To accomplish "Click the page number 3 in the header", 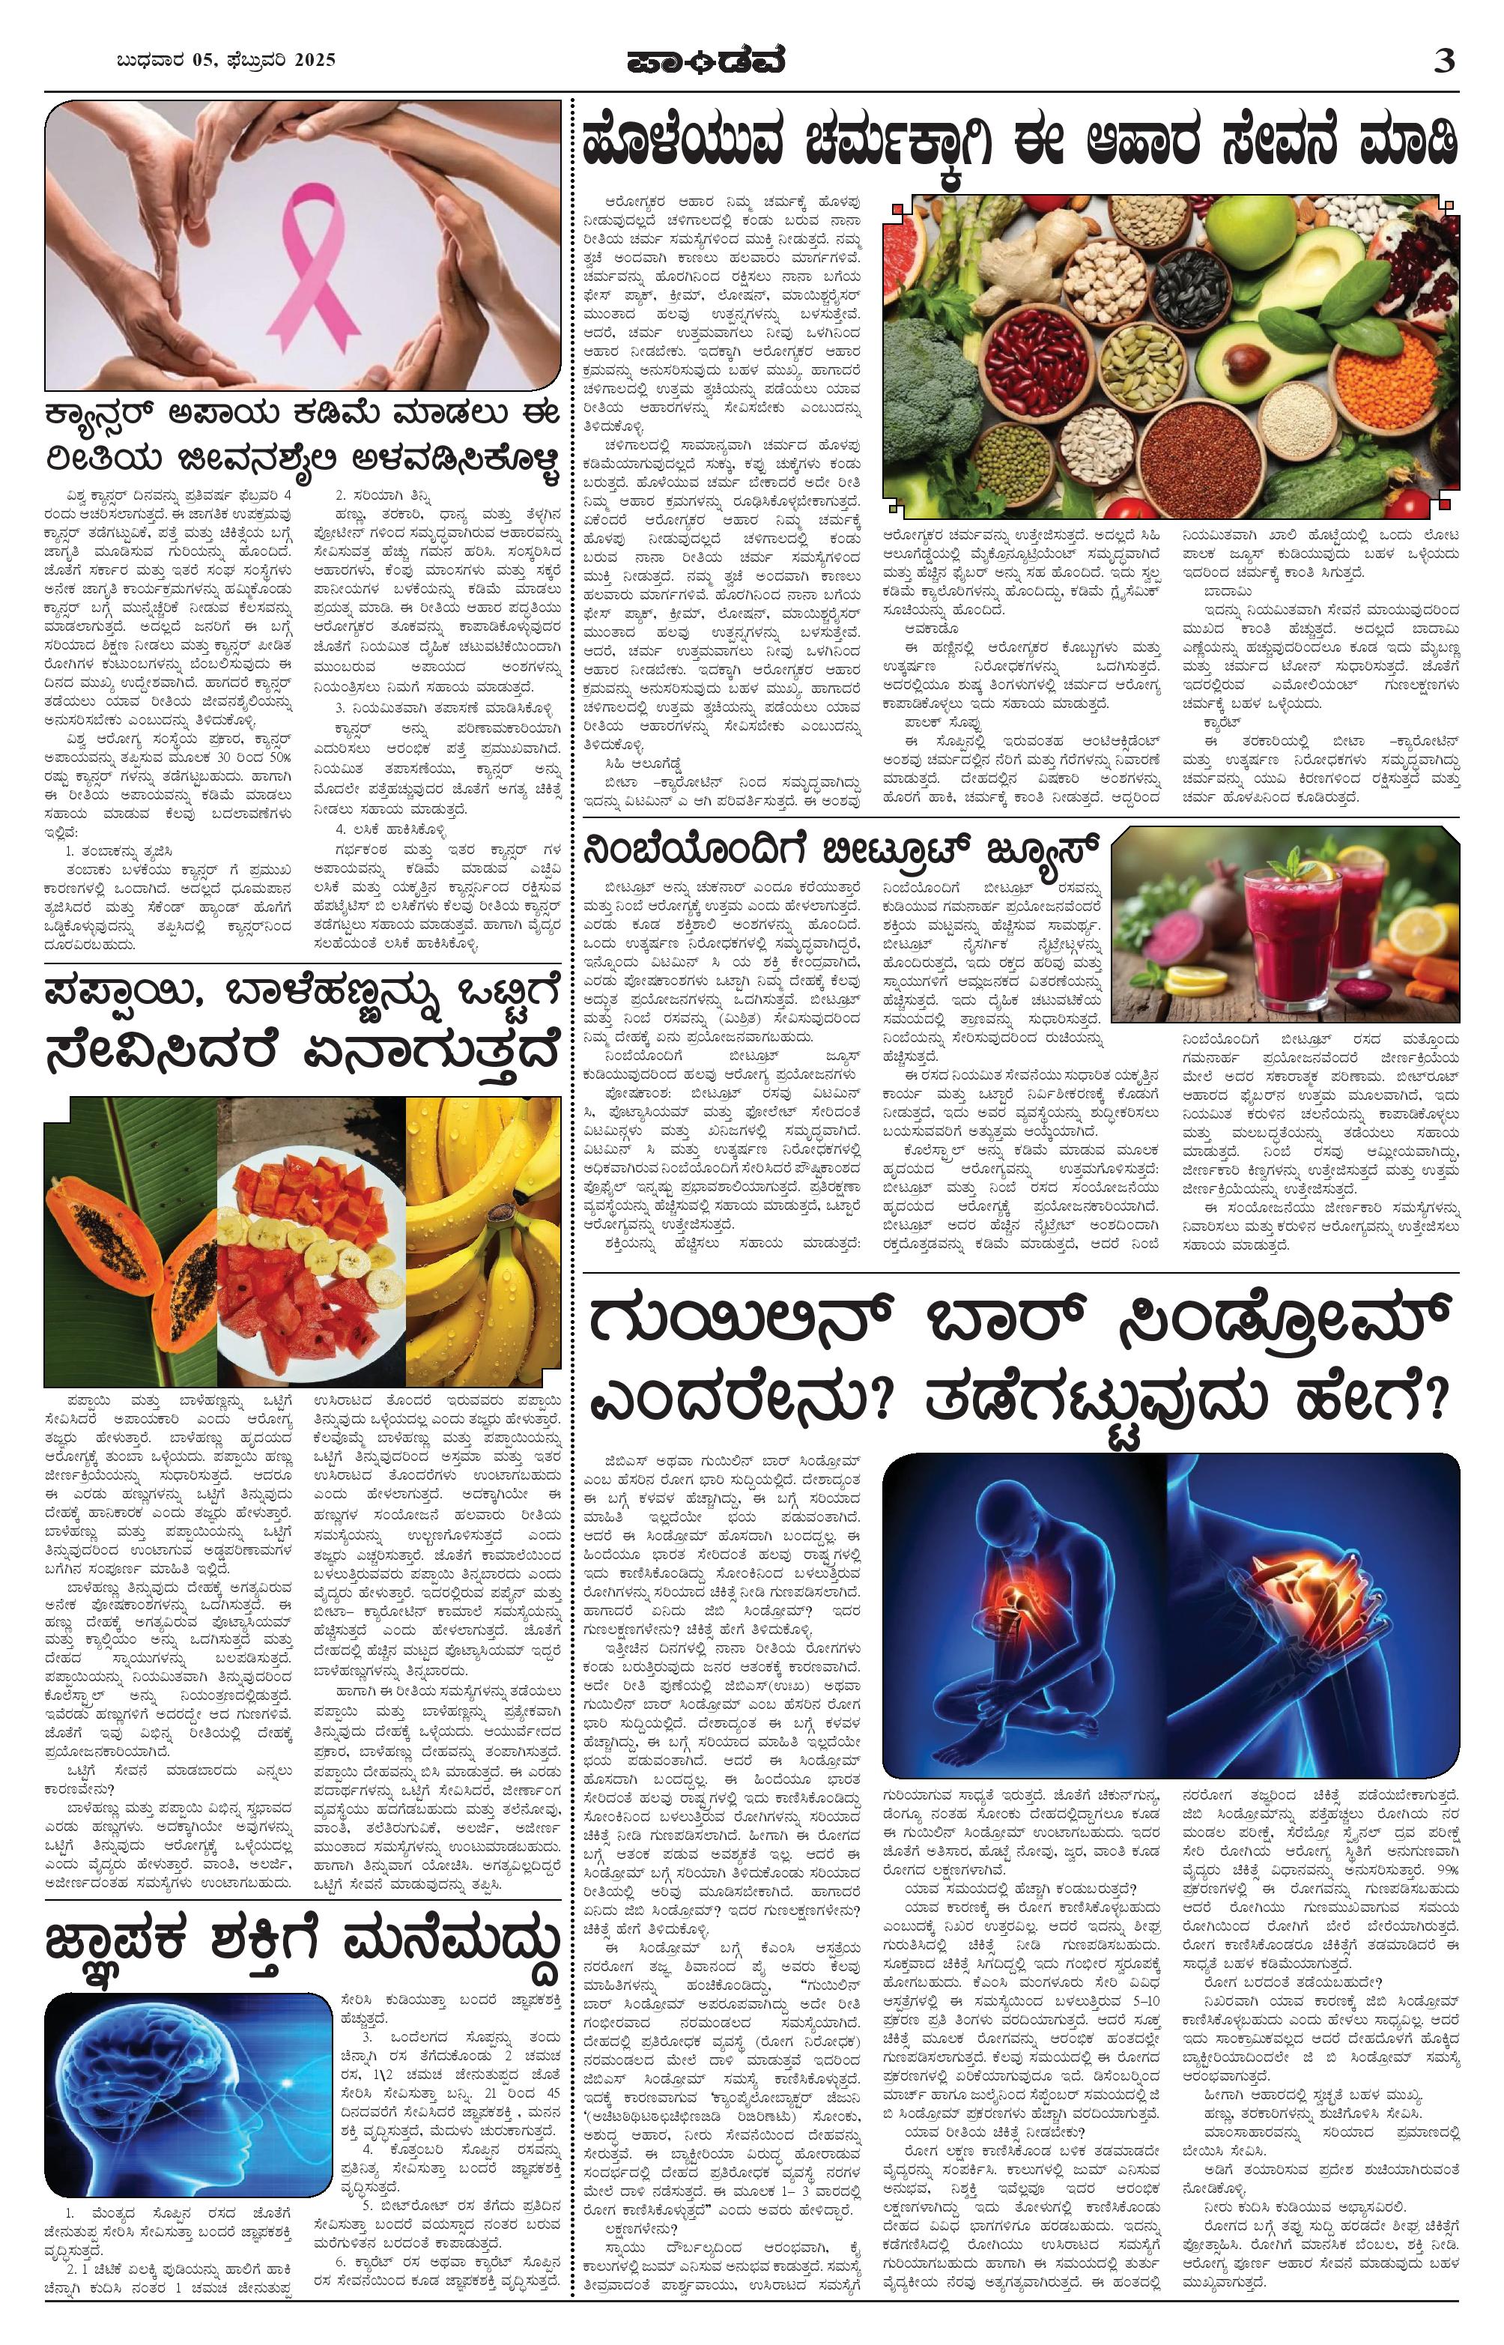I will tap(1443, 61).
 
